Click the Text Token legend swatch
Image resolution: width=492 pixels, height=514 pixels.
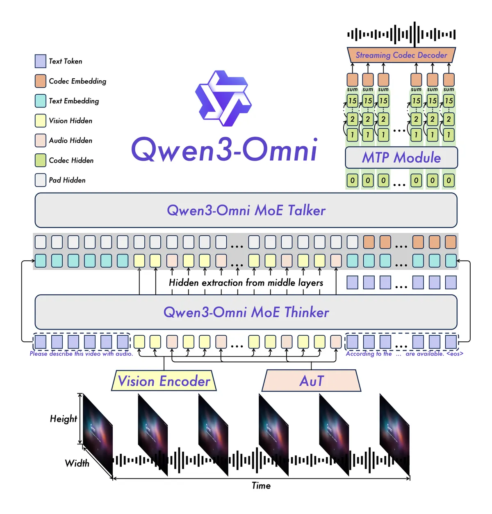click(x=40, y=61)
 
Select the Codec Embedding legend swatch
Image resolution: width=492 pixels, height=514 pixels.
click(x=40, y=81)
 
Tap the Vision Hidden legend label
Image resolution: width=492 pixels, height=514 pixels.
click(x=71, y=121)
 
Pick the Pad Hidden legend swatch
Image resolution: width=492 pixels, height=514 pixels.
click(x=40, y=180)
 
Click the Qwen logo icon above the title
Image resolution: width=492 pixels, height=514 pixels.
click(x=223, y=98)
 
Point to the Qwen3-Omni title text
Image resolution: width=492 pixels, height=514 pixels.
click(x=224, y=150)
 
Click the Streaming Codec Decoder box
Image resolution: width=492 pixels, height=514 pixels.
click(x=401, y=55)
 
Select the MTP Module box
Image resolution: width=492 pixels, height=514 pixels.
click(x=401, y=158)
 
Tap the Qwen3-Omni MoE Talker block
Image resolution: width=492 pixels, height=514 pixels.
click(x=246, y=210)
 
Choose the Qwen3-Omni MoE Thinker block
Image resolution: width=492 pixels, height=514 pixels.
click(x=246, y=312)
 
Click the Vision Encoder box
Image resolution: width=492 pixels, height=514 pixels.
click(x=164, y=381)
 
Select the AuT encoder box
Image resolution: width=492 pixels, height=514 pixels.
click(x=312, y=381)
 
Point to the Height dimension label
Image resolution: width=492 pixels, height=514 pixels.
click(x=63, y=419)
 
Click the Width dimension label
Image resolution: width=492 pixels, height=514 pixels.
click(x=77, y=463)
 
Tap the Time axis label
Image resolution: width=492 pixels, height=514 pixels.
click(x=261, y=486)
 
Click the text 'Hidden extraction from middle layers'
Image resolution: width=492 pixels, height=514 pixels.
click(x=246, y=283)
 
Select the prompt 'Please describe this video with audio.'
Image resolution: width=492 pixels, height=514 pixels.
click(x=81, y=354)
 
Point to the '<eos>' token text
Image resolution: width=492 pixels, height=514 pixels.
click(x=455, y=354)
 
